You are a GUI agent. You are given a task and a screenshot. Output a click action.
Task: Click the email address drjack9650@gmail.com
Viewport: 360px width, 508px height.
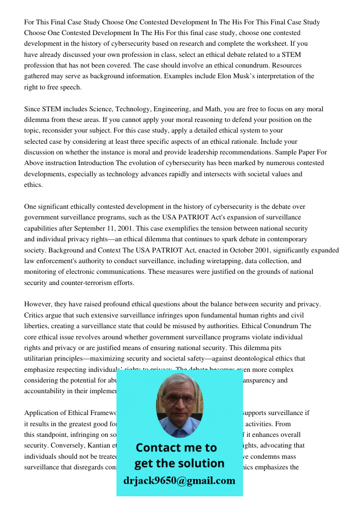[179, 481]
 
